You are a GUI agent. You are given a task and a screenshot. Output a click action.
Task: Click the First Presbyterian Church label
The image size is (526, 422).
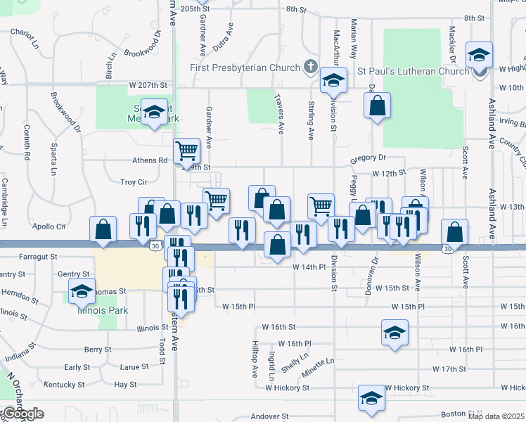(245, 68)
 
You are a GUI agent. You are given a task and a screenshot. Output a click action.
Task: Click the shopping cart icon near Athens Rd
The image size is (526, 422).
(186, 150)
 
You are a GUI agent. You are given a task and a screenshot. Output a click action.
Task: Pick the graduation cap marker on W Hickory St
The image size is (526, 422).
(371, 398)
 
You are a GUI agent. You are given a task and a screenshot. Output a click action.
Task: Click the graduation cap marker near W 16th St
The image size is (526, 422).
(395, 333)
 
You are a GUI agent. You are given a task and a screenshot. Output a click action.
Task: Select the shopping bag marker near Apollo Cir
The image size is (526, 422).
(103, 229)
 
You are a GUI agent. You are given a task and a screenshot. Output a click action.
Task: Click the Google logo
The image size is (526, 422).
(23, 414)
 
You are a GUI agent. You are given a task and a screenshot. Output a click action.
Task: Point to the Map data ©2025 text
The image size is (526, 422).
(496, 417)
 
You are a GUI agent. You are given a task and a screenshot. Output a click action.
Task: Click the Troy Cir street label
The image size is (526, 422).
(134, 182)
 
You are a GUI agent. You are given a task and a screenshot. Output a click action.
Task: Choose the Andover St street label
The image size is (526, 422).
(270, 417)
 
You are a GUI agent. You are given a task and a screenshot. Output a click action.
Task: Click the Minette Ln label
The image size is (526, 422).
(319, 362)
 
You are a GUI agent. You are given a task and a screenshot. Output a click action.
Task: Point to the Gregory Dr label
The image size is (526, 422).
(369, 159)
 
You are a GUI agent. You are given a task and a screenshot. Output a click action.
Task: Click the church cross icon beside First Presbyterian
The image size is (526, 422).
(309, 68)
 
